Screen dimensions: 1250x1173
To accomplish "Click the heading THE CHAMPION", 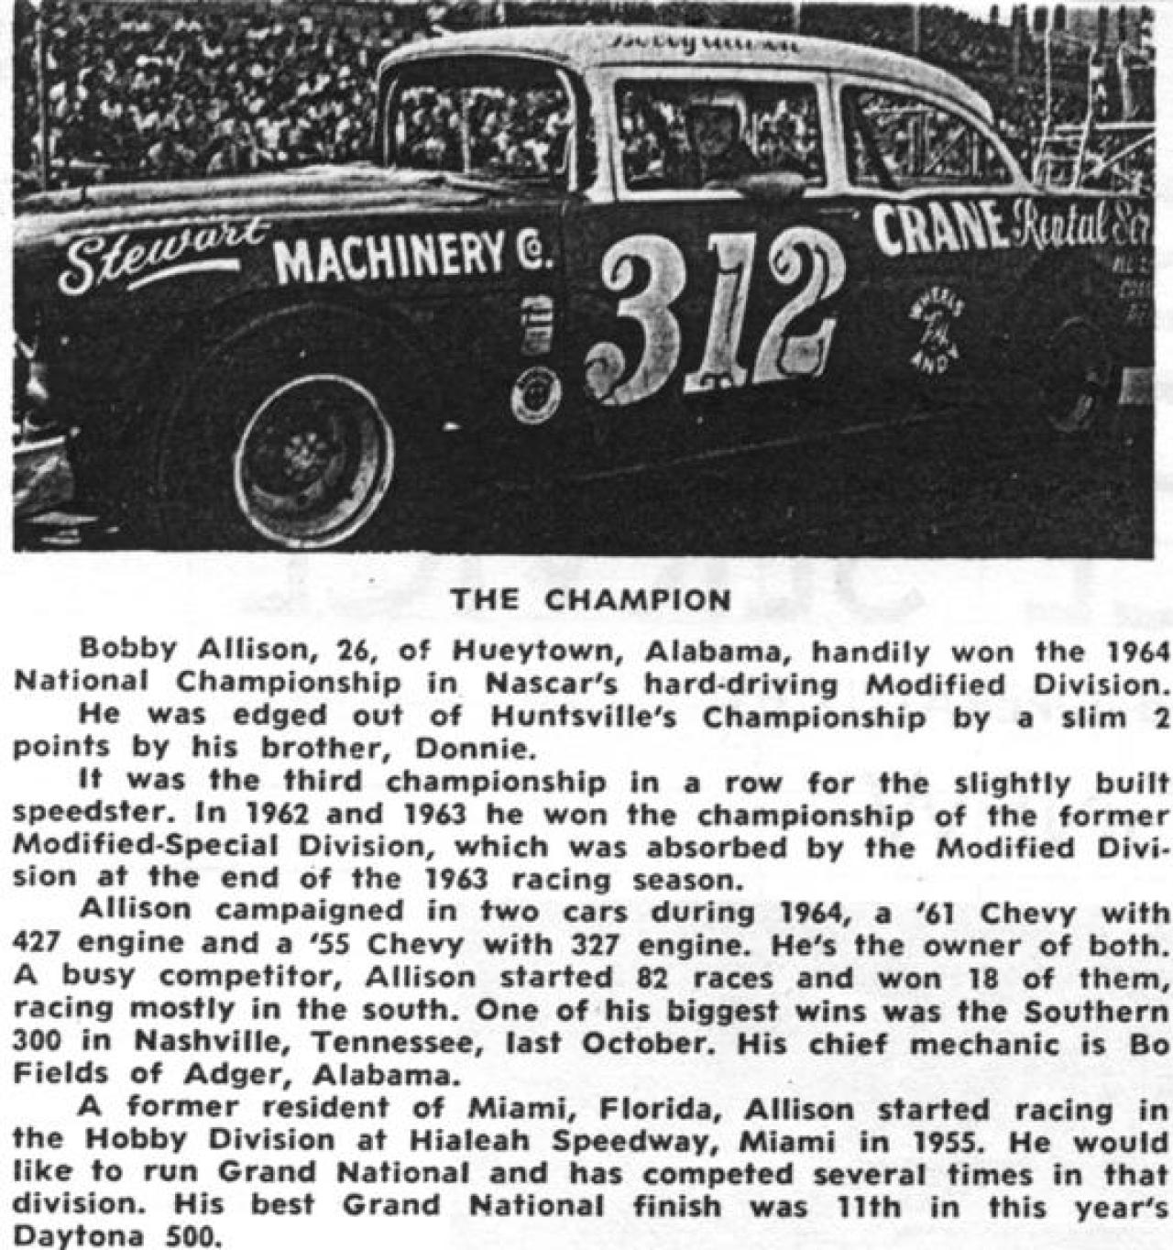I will pyautogui.click(x=591, y=600).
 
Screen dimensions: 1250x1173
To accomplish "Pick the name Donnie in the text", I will pyautogui.click(x=474, y=750).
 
